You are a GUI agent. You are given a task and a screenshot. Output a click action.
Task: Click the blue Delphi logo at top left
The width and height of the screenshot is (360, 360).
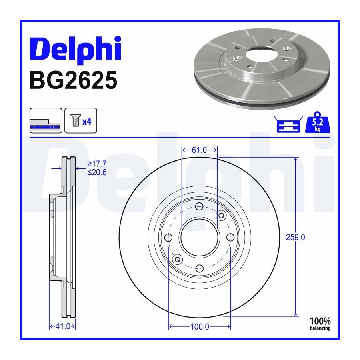pos(75,50)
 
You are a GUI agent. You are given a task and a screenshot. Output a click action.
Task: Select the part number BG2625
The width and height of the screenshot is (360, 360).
pos(74,80)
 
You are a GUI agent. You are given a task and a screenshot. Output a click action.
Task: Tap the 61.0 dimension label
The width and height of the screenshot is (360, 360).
pos(199,150)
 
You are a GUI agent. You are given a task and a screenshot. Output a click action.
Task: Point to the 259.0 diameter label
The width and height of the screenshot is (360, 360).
pos(295,237)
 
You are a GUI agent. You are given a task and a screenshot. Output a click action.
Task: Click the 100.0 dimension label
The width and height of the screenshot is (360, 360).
pos(200,326)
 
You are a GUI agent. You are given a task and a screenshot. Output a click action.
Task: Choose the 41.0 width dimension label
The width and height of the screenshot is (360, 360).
pos(63,326)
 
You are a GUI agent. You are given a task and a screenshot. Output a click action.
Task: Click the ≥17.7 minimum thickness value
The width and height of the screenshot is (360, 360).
pos(97,164)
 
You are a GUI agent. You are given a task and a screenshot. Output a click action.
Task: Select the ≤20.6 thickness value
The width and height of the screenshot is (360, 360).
pos(97,172)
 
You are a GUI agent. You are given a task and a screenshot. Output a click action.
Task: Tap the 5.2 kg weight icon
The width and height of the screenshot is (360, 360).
pos(318,123)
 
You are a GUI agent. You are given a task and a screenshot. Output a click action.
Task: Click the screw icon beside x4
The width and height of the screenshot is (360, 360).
pos(75,120)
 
